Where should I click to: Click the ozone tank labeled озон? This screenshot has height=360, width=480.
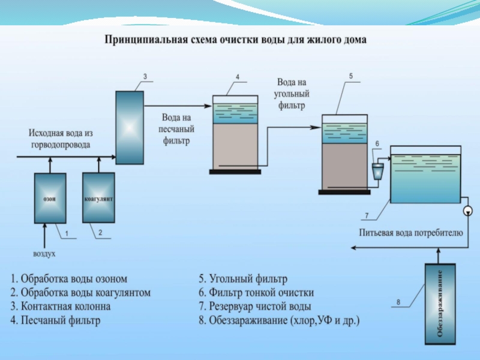pos(50,197)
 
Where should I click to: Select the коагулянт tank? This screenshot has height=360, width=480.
pos(98,197)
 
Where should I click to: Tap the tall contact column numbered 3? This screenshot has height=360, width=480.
pos(130,127)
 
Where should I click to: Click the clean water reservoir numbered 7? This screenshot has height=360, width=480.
pos(425,174)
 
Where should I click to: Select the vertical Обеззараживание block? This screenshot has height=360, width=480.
pos(441,303)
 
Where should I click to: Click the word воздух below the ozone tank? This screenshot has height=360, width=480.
pos(44,254)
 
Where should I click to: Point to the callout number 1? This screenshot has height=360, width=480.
pos(67,233)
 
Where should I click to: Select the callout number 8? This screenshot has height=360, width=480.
pos(398,301)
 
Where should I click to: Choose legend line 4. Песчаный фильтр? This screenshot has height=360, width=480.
pos(55,320)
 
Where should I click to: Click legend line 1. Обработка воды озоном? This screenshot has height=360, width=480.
pos(69,279)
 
